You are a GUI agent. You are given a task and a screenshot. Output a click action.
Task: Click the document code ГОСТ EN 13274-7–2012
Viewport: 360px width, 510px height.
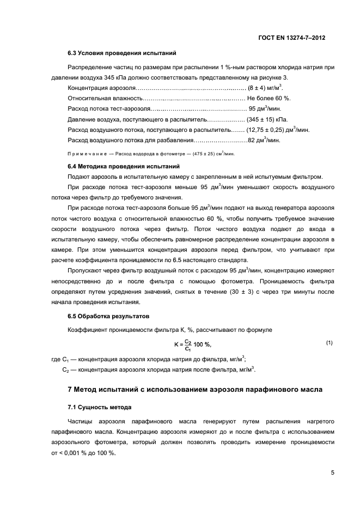[x=295, y=39]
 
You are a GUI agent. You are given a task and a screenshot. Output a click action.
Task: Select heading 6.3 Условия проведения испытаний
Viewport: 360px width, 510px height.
[x=121, y=53]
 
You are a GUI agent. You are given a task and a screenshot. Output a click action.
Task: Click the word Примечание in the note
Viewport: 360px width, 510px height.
[x=86, y=154]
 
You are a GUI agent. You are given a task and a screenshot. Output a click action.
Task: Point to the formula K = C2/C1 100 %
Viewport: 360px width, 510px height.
[x=193, y=344]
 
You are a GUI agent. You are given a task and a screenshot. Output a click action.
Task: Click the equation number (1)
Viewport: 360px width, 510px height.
[x=329, y=342]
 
